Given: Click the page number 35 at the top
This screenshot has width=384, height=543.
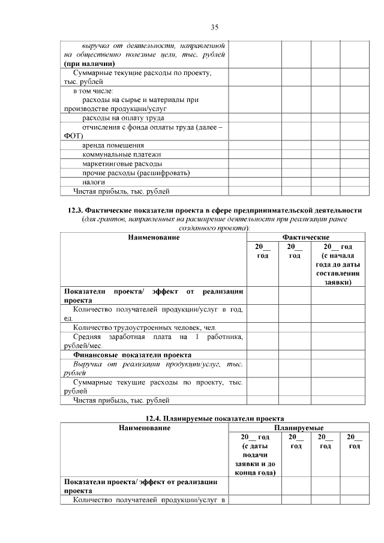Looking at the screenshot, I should click(214, 27).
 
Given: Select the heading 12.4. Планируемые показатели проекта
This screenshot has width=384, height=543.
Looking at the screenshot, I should click(214, 418).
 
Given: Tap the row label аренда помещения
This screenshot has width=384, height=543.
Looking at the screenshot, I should click(113, 145).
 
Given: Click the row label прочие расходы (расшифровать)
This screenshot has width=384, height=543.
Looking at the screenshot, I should click(136, 173).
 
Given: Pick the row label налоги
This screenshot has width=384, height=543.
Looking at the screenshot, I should click(94, 182).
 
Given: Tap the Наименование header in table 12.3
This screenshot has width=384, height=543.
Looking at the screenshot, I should click(154, 238).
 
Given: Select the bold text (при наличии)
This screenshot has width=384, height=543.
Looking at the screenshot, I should click(89, 63).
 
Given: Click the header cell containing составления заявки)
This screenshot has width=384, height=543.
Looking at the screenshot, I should click(337, 264).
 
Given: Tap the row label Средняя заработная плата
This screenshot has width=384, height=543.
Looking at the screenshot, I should click(154, 341).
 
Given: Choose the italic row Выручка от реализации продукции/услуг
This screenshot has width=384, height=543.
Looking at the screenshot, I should click(154, 368).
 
